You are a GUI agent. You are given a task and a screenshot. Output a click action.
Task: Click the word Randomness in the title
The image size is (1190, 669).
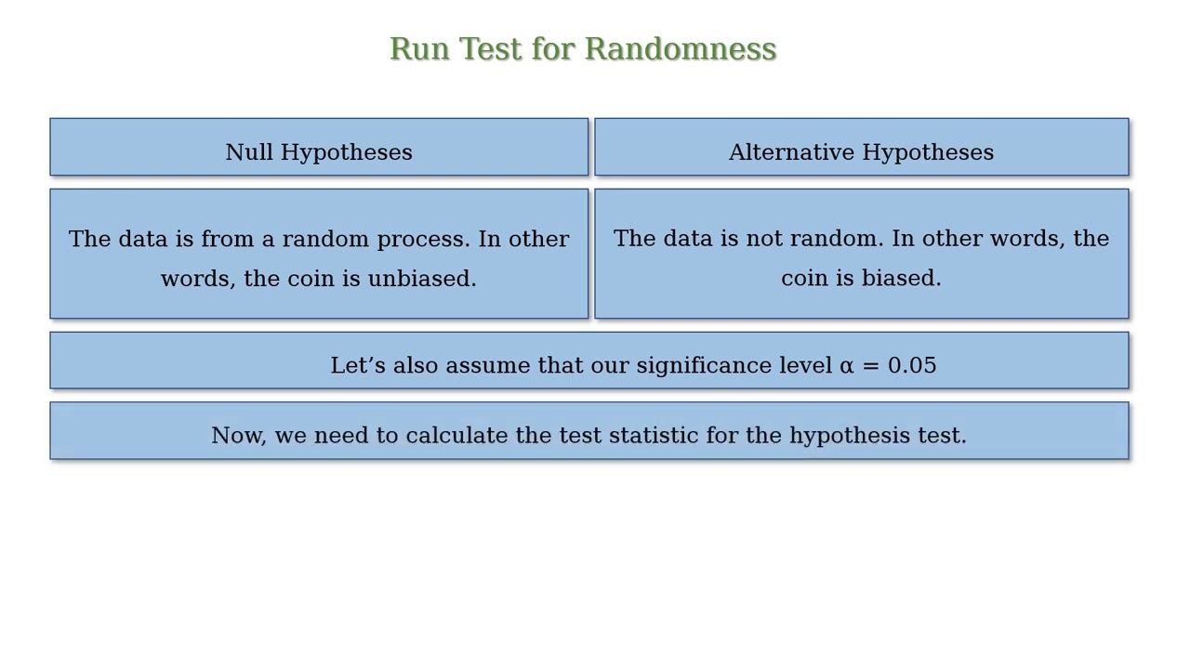680,49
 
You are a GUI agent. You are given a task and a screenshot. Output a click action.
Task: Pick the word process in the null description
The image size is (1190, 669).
423,240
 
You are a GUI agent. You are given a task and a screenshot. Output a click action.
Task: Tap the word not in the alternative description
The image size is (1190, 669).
764,239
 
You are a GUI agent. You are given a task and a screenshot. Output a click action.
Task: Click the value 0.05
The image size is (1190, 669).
912,365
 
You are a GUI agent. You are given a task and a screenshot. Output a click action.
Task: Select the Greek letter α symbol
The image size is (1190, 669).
846,366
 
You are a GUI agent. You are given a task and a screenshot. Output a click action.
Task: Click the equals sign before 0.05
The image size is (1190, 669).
871,366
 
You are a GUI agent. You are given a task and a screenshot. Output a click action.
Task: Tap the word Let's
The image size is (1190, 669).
358,365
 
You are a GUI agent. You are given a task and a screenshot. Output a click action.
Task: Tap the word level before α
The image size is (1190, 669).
805,365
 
